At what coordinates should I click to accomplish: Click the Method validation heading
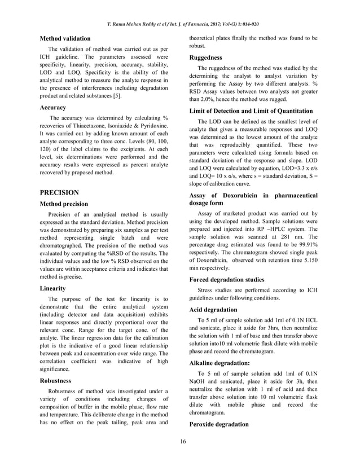click(65, 39)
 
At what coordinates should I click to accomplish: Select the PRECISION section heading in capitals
click(60, 192)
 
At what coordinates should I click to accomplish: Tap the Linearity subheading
click(54, 288)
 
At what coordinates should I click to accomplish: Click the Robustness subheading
click(57, 381)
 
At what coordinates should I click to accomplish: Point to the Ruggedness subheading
click(206, 58)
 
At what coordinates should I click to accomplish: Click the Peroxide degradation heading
click(219, 424)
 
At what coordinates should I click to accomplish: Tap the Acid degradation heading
click(214, 310)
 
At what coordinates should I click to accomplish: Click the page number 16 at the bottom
click(179, 441)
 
